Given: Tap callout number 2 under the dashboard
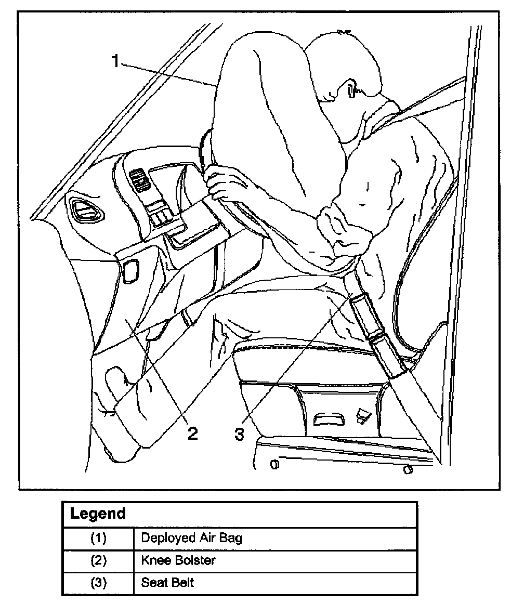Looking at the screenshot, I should [x=192, y=433].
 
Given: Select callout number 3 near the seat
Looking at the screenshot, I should [x=239, y=434].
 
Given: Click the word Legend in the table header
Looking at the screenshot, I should [x=98, y=514].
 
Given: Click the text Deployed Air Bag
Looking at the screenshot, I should [x=191, y=538].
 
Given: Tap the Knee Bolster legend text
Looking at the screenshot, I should [x=178, y=560].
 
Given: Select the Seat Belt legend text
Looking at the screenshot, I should [x=167, y=582].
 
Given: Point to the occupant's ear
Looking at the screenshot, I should [x=352, y=90].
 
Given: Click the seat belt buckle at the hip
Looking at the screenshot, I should [x=366, y=312].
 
